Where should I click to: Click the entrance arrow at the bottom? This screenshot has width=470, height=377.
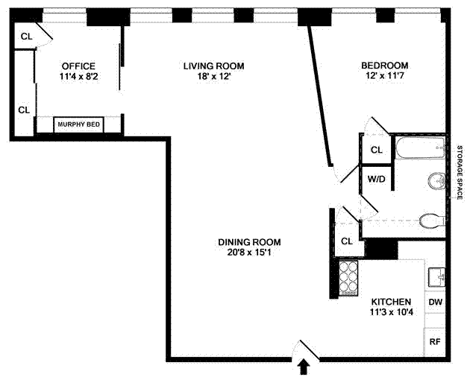[304, 367]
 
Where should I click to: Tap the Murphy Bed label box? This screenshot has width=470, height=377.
[79, 124]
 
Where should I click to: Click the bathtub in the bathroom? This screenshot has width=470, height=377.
[420, 148]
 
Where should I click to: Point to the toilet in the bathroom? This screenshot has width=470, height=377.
[432, 221]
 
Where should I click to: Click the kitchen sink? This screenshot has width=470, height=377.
[436, 278]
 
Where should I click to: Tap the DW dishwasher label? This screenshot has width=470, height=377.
[435, 302]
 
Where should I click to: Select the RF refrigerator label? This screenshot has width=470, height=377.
[435, 342]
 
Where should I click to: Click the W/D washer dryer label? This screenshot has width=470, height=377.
[377, 179]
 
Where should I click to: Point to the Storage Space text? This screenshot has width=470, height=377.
[460, 172]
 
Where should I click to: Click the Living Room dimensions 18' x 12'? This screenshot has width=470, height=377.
[213, 76]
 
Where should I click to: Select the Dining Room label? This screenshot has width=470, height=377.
[249, 242]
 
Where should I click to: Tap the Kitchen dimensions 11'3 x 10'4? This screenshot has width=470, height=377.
[391, 312]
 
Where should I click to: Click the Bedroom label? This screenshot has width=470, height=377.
[384, 65]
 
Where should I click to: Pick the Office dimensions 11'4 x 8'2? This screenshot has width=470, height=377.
[79, 76]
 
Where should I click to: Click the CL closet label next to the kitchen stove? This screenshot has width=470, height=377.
[347, 241]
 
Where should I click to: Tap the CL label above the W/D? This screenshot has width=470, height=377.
[377, 150]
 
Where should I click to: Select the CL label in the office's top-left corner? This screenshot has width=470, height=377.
[26, 37]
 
